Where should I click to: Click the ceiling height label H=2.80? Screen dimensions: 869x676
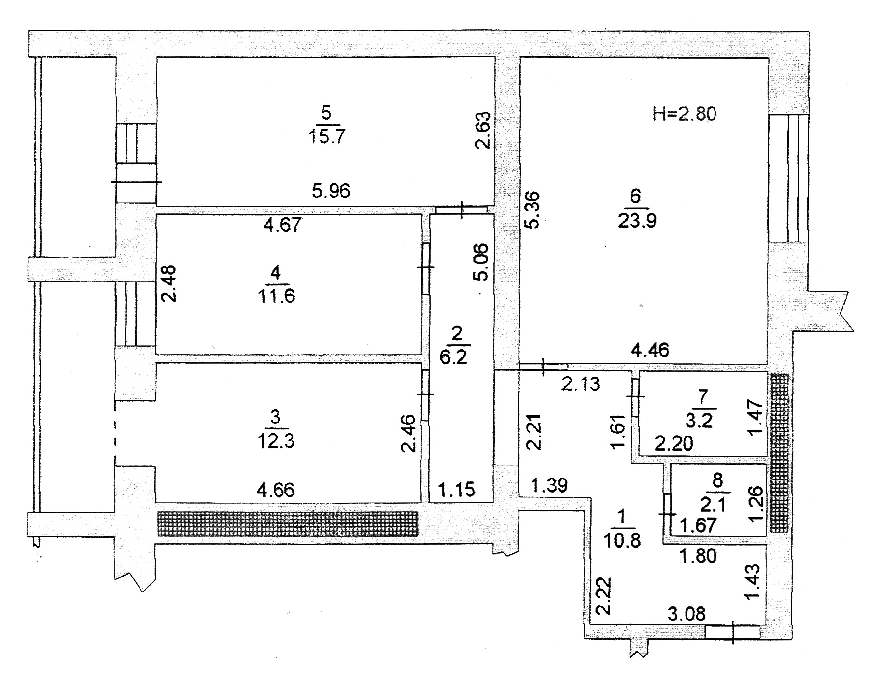point(684,114)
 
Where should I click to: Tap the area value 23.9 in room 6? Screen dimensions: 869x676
point(637,222)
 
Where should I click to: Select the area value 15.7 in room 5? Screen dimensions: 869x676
point(327,137)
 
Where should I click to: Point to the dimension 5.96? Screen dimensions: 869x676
point(331,192)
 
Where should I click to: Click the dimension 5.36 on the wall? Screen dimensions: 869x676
point(532,211)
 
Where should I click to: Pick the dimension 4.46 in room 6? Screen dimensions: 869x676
point(650,350)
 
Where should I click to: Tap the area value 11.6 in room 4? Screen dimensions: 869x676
point(276,296)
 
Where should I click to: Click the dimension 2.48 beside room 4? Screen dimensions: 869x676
point(168,283)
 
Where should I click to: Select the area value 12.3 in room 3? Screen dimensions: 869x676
point(276,441)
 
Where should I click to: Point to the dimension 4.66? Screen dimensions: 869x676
point(276,491)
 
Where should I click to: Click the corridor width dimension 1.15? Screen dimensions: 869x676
point(456,490)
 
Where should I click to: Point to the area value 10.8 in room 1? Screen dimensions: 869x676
point(622,539)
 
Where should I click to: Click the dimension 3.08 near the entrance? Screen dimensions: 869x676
point(687,615)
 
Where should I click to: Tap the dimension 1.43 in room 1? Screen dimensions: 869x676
point(753,582)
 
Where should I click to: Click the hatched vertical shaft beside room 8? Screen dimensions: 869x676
point(780,452)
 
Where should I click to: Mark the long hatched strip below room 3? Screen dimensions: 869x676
point(288,524)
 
